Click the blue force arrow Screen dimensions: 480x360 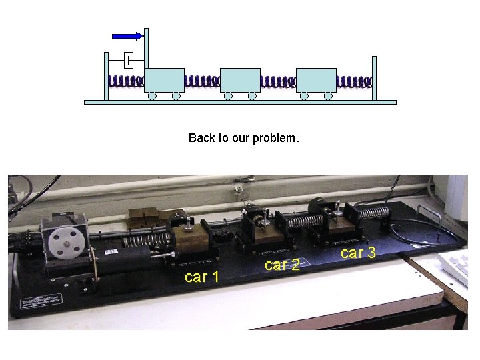coord(127,36)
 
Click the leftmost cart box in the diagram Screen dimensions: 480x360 coord(165,80)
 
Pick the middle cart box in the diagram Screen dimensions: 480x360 coord(240,80)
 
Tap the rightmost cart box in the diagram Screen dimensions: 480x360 coord(316,80)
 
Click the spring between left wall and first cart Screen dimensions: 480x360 coord(126,81)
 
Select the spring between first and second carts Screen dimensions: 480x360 coord(203,81)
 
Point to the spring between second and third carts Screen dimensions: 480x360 coord(278,81)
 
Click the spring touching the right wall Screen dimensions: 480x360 coord(355,81)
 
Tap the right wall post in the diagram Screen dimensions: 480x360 coord(374,79)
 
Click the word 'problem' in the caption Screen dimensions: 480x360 coord(274,138)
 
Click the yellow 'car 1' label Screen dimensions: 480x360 coord(202,277)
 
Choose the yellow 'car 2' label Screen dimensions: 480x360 coord(282,265)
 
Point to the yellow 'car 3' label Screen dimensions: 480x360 coord(358,253)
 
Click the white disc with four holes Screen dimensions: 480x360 coord(66,243)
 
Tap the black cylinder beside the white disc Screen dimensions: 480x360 coord(123,259)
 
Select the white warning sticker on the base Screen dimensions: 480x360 coord(41,301)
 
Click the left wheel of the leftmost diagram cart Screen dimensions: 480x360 coord(152,96)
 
